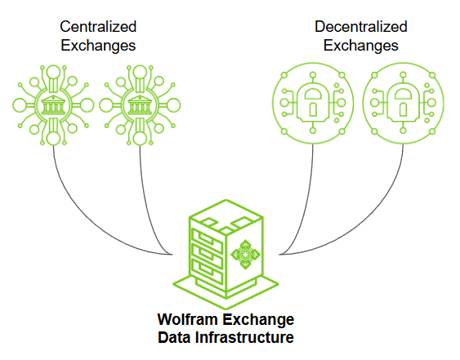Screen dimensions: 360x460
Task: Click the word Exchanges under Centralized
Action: tap(98, 46)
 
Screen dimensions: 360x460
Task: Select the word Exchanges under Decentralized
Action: tap(360, 46)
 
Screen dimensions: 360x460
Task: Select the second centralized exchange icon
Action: tap(135, 104)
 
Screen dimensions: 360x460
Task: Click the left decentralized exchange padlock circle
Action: tap(312, 103)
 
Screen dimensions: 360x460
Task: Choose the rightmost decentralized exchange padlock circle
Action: tap(402, 103)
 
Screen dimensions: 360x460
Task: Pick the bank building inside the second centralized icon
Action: tap(135, 104)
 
